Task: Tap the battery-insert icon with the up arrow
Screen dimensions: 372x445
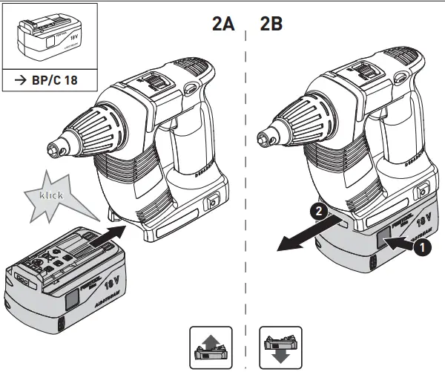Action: coord(211,345)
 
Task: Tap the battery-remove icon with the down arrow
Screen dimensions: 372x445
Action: coord(280,345)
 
